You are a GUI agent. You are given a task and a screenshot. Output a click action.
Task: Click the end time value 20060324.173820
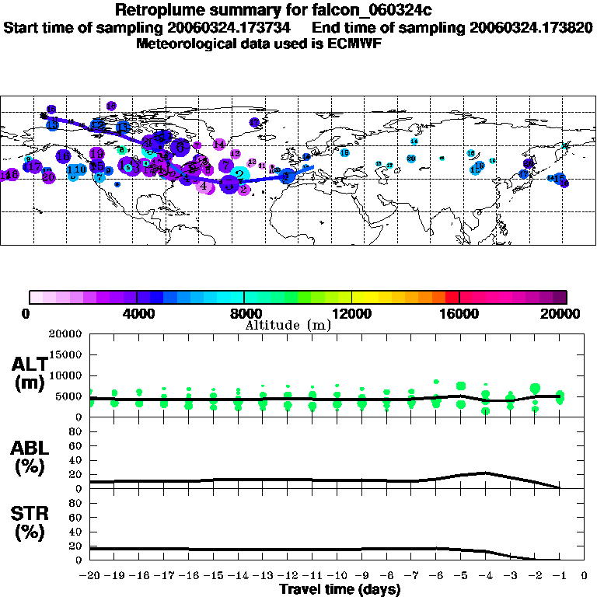(531, 27)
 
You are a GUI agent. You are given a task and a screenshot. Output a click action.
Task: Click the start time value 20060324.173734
(232, 27)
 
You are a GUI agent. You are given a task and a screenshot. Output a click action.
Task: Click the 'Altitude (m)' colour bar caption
(288, 325)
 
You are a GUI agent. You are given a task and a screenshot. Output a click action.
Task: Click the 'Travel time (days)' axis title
(340, 590)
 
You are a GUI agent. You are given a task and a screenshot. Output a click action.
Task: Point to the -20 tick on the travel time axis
(90, 577)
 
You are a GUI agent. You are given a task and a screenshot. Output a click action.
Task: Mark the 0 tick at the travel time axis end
(584, 577)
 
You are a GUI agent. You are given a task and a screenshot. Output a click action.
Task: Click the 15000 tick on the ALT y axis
(66, 354)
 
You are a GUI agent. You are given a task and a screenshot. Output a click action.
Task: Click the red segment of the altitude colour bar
(452, 297)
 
